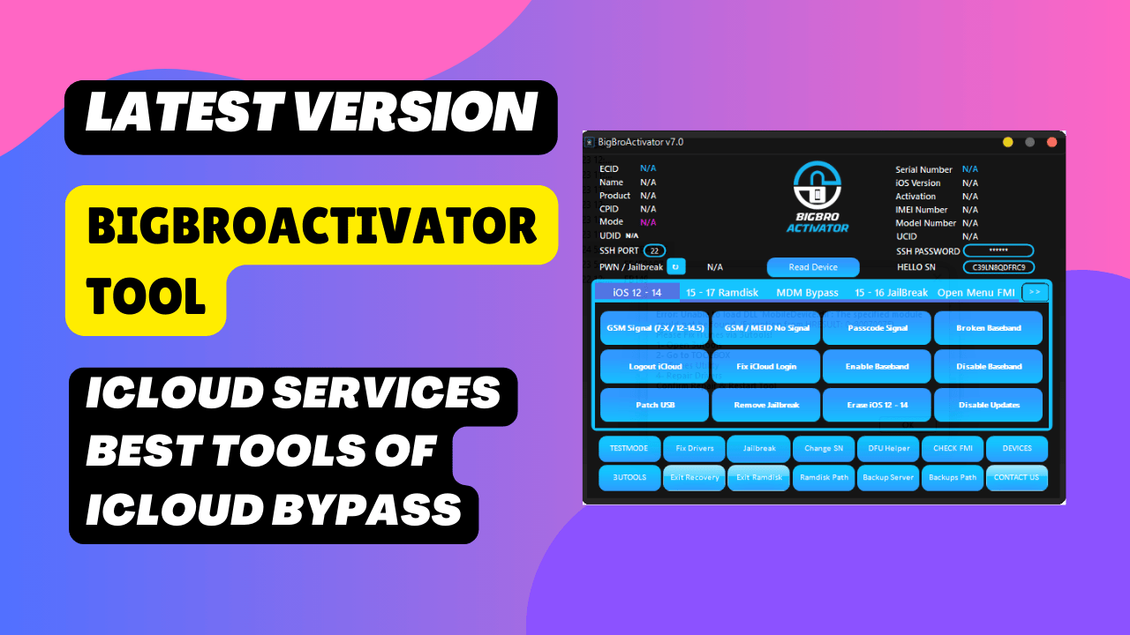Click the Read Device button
[x=813, y=267]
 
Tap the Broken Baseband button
[x=988, y=328]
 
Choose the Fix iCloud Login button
[x=765, y=367]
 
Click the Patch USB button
[x=654, y=406]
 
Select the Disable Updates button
[x=988, y=406]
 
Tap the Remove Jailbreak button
[x=765, y=406]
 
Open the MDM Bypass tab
[x=807, y=293]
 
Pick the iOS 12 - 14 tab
[x=637, y=293]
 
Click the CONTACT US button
[x=1016, y=478]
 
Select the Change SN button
[x=823, y=449]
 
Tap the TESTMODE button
[x=629, y=449]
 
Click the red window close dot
[x=1051, y=142]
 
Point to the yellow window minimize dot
[x=1007, y=142]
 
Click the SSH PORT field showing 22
[x=654, y=250]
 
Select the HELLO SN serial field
[x=998, y=267]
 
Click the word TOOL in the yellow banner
[x=146, y=296]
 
